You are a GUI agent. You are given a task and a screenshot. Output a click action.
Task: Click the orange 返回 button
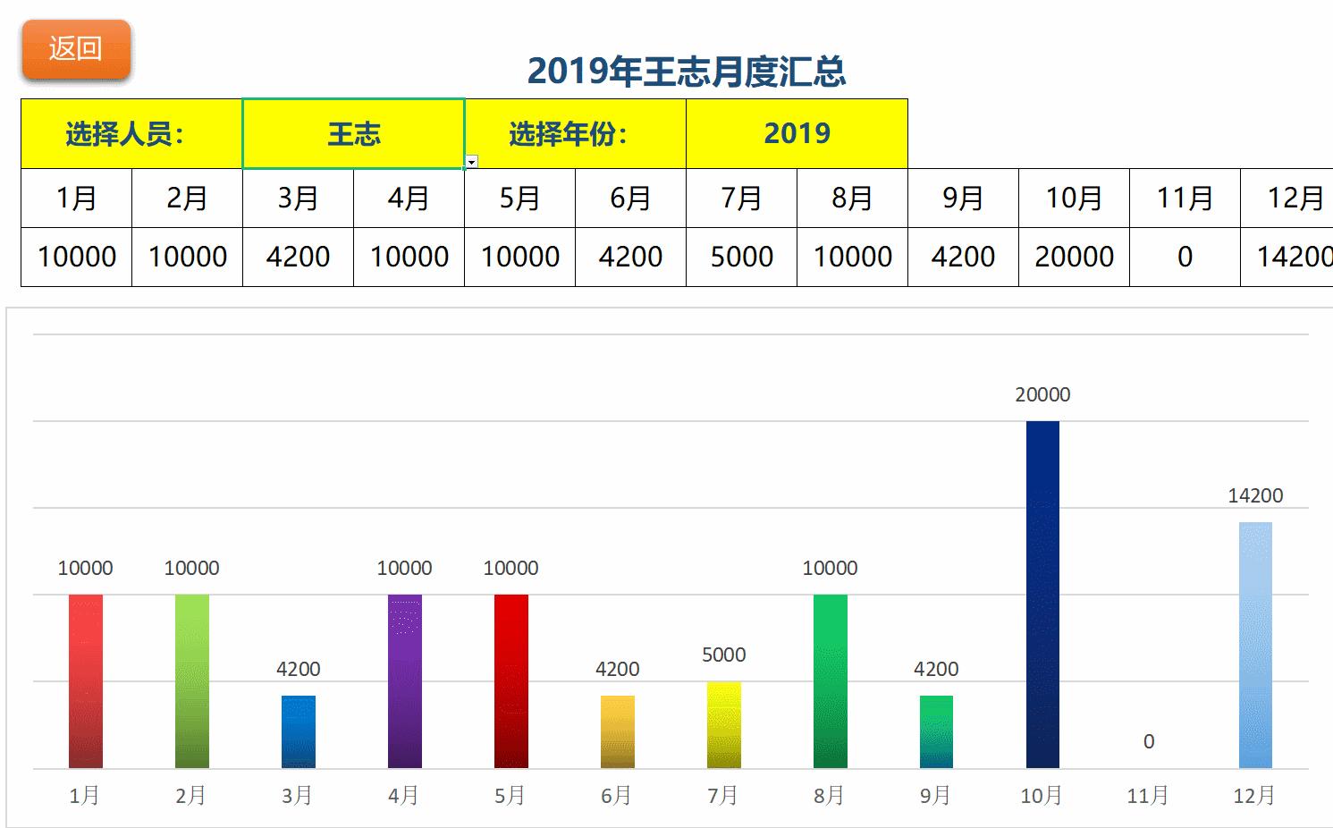pyautogui.click(x=76, y=49)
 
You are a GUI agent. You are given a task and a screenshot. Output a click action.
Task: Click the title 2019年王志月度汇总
pyautogui.click(x=686, y=72)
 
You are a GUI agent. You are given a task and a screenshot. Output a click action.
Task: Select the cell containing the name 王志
pyautogui.click(x=353, y=134)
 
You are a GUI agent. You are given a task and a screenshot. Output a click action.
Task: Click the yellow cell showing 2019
pyautogui.click(x=797, y=134)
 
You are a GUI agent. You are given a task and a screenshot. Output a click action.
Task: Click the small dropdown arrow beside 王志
pyautogui.click(x=472, y=162)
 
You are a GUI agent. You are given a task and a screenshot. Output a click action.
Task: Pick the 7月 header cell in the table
pyautogui.click(x=741, y=198)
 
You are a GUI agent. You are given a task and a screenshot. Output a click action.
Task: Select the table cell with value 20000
pyautogui.click(x=1074, y=257)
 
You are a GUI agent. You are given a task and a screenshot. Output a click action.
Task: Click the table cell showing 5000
pyautogui.click(x=741, y=257)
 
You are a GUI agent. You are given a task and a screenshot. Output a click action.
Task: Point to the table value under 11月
pyautogui.click(x=1185, y=257)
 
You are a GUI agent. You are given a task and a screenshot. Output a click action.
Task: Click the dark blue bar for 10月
pyautogui.click(x=1042, y=595)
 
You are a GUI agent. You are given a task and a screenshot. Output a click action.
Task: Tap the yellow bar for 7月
pyautogui.click(x=723, y=725)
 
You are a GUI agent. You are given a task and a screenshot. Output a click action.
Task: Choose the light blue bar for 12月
pyautogui.click(x=1255, y=645)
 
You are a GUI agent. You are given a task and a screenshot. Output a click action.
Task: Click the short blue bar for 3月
pyautogui.click(x=298, y=731)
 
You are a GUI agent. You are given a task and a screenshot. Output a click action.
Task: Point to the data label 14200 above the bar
pyautogui.click(x=1255, y=495)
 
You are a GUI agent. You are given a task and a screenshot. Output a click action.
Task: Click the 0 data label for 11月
pyautogui.click(x=1149, y=741)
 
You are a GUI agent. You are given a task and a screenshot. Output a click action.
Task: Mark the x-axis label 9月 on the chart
pyautogui.click(x=936, y=795)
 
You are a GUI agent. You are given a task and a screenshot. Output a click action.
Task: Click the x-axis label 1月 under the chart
pyautogui.click(x=85, y=795)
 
